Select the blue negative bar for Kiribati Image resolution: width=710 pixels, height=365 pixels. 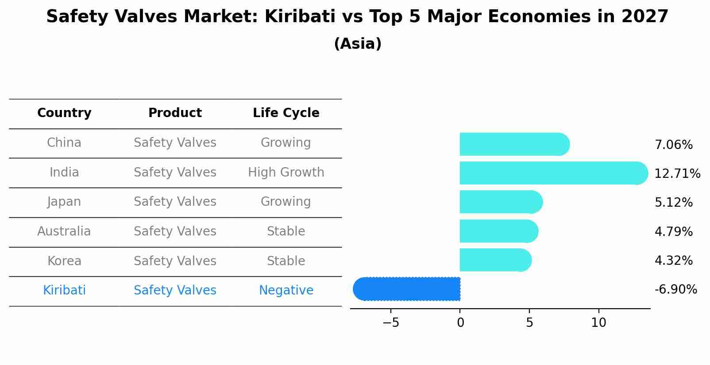[x=407, y=289]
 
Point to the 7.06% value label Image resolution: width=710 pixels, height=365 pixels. [x=673, y=145]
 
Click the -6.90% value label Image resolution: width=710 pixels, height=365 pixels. [x=675, y=290]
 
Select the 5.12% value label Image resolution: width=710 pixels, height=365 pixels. [x=673, y=203]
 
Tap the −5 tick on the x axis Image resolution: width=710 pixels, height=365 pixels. [x=390, y=323]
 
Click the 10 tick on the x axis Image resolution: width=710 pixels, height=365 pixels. [x=598, y=323]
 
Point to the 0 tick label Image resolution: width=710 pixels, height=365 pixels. [x=460, y=323]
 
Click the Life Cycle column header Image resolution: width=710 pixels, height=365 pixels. [x=286, y=113]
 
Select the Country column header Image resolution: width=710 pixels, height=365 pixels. [x=64, y=113]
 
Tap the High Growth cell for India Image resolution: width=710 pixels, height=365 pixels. [x=286, y=173]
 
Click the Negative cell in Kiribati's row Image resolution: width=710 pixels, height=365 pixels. [x=286, y=290]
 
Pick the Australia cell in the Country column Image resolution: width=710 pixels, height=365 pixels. [x=64, y=232]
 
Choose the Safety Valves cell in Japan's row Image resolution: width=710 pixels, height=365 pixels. [x=175, y=202]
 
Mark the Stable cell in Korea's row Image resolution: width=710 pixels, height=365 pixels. [x=286, y=261]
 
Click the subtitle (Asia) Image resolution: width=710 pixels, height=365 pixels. [x=358, y=44]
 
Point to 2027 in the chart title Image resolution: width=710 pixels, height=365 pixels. [x=644, y=17]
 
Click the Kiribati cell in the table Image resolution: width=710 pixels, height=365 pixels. [x=64, y=290]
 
